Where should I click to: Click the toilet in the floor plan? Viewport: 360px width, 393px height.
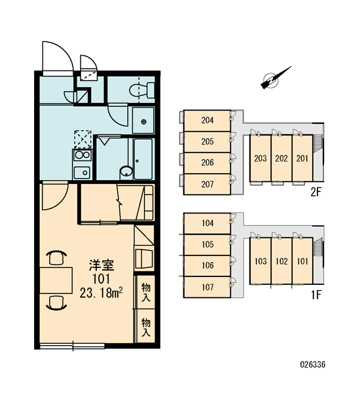pos(142,90)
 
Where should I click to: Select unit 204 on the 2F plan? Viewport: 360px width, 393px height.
pos(207,121)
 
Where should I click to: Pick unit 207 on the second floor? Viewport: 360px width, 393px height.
pos(207,184)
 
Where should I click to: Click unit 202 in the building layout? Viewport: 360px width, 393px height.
pos(281,158)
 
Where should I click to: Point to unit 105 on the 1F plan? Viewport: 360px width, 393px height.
pos(207,244)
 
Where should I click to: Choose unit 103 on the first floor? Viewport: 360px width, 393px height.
pos(261,261)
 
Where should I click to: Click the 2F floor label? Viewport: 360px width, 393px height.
pos(315,192)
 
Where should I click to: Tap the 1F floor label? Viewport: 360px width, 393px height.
pos(316,295)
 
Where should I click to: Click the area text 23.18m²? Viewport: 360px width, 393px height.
pos(101,293)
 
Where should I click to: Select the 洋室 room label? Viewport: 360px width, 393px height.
pos(101,265)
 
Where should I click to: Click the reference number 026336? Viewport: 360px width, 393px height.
pos(313,364)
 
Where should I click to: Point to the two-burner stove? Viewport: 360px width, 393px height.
pos(82,155)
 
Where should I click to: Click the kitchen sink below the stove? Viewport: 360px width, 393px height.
pos(82,172)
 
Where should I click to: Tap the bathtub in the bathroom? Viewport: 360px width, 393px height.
pos(143,159)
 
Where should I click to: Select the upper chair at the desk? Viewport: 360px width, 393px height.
pos(57,257)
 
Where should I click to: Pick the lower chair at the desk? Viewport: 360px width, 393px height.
pos(57,303)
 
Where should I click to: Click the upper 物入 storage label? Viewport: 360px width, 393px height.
pos(146,293)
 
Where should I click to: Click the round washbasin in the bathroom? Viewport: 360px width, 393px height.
pos(126,172)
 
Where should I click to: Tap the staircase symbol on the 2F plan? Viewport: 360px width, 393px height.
pos(317,143)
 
